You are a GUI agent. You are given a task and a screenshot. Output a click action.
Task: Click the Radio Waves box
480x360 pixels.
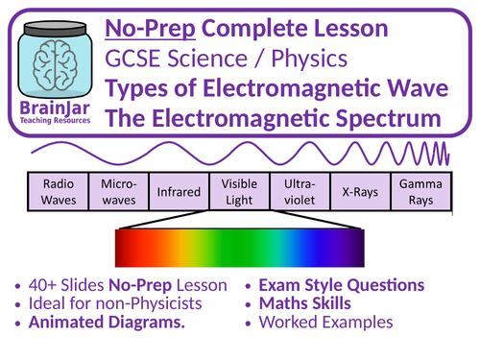coord(57,190)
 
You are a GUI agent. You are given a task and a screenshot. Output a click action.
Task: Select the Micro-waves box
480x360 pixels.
coord(116,190)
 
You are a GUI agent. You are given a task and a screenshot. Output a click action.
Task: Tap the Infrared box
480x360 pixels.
coord(177,190)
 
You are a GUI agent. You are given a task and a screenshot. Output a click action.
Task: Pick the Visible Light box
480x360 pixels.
coord(238,190)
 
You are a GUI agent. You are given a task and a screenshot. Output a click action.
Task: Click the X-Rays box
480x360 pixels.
coord(356,190)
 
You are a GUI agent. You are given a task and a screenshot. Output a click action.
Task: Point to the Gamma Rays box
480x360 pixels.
coord(416,190)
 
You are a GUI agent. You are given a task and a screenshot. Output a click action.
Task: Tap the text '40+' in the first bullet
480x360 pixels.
coord(45,285)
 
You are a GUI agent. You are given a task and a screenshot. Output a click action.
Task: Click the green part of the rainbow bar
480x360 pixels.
coord(221,248)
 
